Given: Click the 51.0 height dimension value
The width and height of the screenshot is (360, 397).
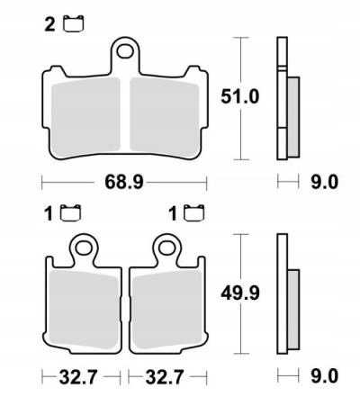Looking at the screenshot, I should (x=240, y=97).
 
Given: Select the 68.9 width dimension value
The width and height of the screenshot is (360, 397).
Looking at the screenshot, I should (x=123, y=183).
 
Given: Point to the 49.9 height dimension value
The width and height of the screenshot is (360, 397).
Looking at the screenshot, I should (x=238, y=293).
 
